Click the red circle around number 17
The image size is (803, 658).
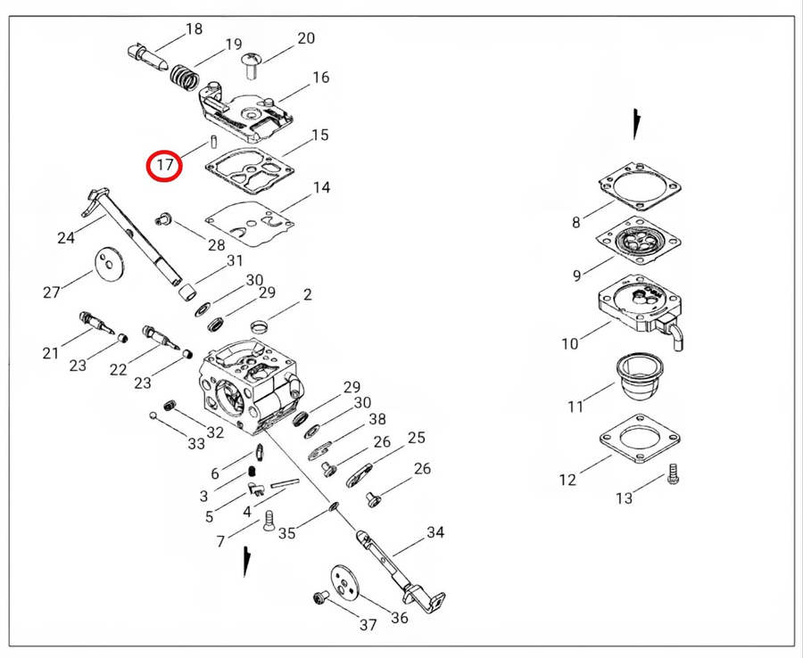click(x=165, y=165)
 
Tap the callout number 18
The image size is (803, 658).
click(x=194, y=29)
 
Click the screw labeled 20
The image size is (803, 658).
click(x=251, y=62)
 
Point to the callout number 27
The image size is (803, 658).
click(x=52, y=292)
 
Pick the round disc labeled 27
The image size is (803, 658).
click(x=108, y=265)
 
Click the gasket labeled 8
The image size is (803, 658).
click(x=641, y=185)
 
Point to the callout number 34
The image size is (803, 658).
click(x=435, y=533)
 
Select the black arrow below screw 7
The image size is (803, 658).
click(x=246, y=563)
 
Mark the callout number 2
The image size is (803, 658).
click(x=307, y=294)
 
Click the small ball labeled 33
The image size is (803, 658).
click(x=154, y=415)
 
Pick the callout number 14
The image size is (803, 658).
click(x=320, y=188)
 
